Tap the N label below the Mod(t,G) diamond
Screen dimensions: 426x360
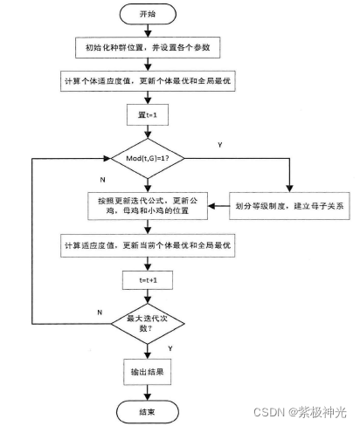[102, 178]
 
